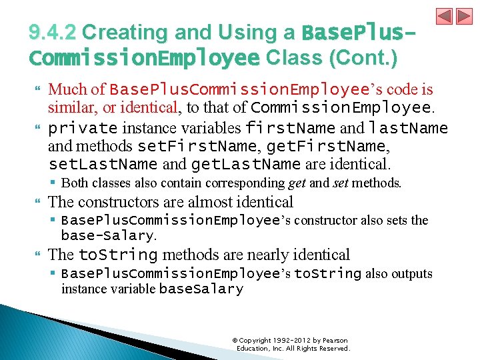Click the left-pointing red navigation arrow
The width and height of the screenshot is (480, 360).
click(445, 17)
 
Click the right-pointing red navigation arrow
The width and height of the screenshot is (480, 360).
click(464, 17)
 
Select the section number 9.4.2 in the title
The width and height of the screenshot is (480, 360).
click(53, 33)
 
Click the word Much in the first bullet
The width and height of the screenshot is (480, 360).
click(67, 90)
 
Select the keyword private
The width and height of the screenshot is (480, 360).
click(83, 127)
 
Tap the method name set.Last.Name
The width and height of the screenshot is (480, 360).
click(103, 164)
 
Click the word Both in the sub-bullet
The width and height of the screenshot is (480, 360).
click(74, 183)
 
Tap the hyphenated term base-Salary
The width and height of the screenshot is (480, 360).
click(107, 235)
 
